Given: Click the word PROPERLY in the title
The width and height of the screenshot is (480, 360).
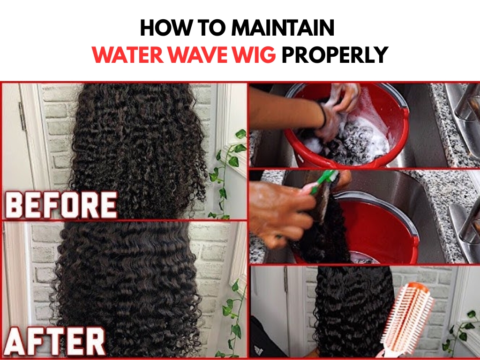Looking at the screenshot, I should tap(334, 55).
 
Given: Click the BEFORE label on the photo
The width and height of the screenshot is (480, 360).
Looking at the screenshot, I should tap(60, 205).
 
